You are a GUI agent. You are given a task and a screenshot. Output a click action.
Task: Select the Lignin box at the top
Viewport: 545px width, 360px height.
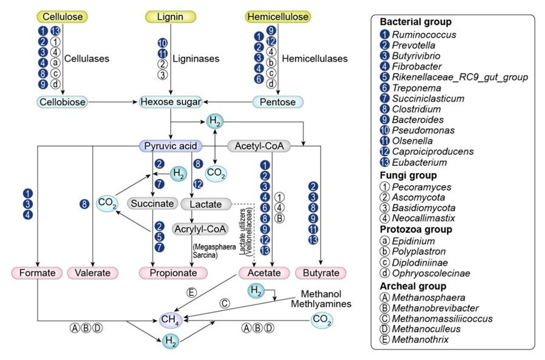[x=171, y=17]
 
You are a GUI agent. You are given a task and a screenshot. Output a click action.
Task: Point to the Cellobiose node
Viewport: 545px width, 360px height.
[x=62, y=102]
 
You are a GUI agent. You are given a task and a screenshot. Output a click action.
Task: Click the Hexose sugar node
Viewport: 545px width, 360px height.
[x=170, y=102]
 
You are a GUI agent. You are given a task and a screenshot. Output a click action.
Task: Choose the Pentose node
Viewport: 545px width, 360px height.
[x=278, y=102]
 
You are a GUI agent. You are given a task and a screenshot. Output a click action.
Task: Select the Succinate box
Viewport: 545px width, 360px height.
[x=153, y=203]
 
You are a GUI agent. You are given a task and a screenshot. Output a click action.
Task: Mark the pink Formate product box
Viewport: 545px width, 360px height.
[x=37, y=273]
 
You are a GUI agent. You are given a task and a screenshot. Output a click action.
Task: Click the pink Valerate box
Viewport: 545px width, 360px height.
[x=93, y=273]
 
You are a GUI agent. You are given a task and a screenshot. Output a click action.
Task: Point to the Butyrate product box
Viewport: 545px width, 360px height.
[x=320, y=273]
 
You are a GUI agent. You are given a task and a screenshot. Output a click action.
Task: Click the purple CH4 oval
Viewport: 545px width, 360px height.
[x=171, y=319]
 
